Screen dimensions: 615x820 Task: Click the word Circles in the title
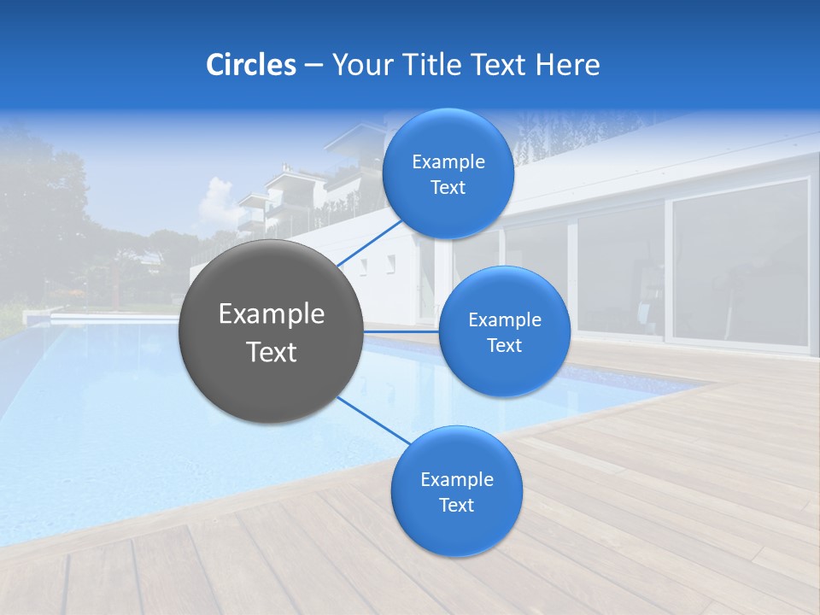(250, 64)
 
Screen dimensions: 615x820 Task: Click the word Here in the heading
(568, 64)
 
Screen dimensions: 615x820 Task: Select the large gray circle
(271, 331)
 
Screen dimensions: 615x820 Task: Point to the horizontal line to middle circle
(401, 331)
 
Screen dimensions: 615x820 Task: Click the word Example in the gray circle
(272, 314)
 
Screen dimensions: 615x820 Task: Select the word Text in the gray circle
(272, 352)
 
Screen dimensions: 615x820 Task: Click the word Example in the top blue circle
(448, 162)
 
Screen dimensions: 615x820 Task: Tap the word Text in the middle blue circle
(504, 346)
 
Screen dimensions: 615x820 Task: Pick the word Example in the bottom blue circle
(457, 480)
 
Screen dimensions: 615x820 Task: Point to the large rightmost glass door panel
(740, 261)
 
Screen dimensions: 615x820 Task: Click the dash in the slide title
(313, 65)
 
